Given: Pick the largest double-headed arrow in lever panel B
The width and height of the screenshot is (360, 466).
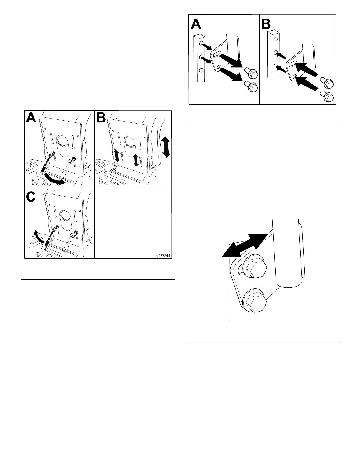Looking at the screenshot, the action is tap(166, 147).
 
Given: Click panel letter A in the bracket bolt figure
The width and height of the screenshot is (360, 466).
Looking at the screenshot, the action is tap(196, 24).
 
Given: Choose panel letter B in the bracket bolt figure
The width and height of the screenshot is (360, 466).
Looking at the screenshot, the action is tap(266, 24).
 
